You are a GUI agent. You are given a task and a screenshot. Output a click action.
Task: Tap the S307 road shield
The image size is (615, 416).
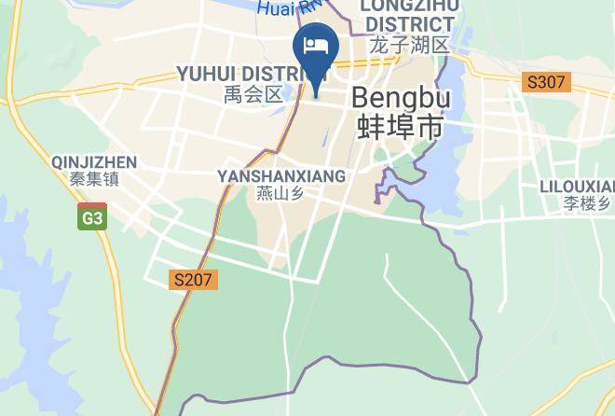(x=545, y=82)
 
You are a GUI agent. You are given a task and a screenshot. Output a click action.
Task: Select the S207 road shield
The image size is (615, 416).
(x=194, y=279)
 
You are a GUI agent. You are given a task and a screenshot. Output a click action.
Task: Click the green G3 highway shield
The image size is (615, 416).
(x=92, y=217)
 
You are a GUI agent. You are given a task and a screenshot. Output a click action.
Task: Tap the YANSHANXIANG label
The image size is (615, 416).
(x=280, y=175)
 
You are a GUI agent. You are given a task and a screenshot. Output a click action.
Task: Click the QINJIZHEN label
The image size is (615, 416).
(x=95, y=161)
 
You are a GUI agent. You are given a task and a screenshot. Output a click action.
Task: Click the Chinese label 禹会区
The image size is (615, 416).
(x=253, y=93)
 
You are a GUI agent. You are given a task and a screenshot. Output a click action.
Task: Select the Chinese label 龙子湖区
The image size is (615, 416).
(x=409, y=45)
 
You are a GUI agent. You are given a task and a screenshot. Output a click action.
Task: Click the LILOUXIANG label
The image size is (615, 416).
(x=577, y=186)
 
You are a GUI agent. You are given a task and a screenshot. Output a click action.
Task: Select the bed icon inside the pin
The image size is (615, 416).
(x=315, y=44)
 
